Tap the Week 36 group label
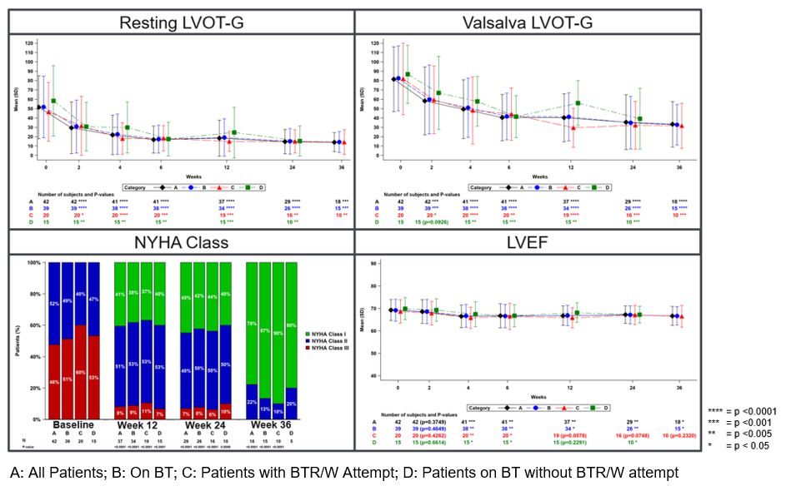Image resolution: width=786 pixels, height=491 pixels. click(272, 425)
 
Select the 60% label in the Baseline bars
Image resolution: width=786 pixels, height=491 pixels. click(78, 372)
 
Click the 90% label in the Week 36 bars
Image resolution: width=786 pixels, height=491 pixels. click(278, 333)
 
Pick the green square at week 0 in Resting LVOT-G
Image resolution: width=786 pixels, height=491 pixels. click(53, 102)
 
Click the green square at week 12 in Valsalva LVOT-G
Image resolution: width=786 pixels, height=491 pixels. click(578, 104)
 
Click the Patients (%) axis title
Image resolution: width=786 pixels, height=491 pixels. click(18, 345)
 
